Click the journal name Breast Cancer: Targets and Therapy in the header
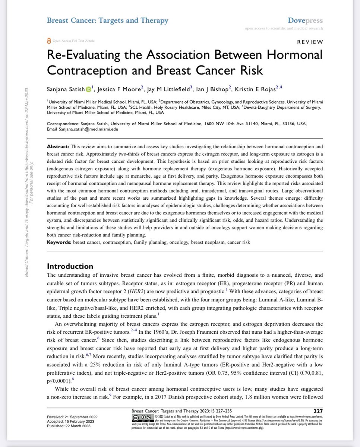pos(107,20)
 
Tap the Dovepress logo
pos(305,20)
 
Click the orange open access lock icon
pos(49,41)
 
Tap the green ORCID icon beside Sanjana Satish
pos(89,89)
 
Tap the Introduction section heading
pos(70,266)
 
